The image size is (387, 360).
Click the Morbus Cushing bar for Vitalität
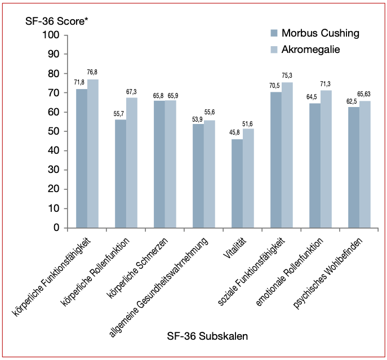tap(237, 184)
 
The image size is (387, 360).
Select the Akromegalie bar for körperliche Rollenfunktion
tap(131, 163)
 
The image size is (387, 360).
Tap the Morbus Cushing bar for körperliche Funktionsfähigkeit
tap(82, 158)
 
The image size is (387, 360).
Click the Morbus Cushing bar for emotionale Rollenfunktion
tap(315, 166)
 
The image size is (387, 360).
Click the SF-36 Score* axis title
tap(57, 21)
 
